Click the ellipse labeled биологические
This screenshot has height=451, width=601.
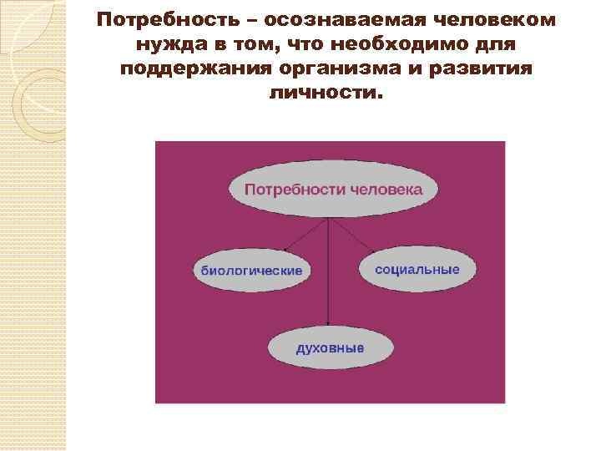tap(251, 269)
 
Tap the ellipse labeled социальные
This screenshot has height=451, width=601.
tap(417, 269)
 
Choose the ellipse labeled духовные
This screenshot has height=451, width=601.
tap(330, 347)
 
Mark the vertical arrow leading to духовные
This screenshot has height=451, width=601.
tap(330, 276)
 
